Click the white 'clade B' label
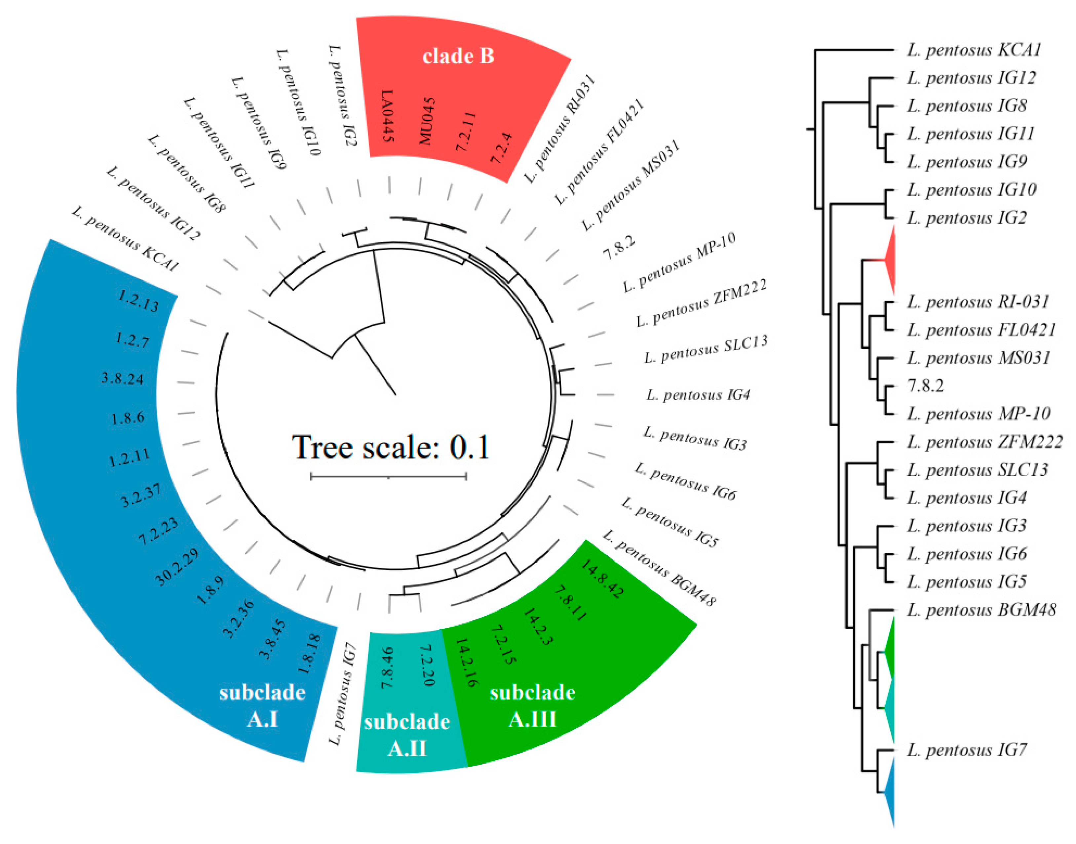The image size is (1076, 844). [x=458, y=56]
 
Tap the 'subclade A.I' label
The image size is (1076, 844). [x=262, y=705]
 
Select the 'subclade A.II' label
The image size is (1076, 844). [x=407, y=735]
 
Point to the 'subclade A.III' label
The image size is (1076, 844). [x=533, y=705]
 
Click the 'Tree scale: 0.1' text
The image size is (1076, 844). [x=390, y=447]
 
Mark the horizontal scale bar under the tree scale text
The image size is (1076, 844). [x=388, y=477]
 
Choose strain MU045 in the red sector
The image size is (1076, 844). [x=426, y=121]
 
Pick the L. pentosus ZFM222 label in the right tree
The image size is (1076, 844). [x=984, y=442]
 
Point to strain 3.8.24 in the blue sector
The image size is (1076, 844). [x=123, y=379]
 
